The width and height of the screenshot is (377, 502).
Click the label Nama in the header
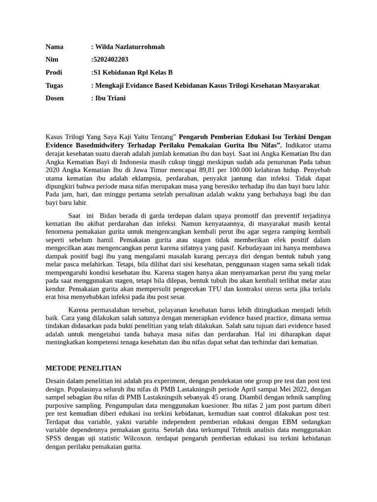tap(54, 47)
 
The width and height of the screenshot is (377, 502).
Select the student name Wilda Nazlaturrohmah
tap(129, 47)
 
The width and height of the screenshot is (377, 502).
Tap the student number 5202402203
tap(110, 60)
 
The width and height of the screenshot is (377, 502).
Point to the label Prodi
tap(54, 73)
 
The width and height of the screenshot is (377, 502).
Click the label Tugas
tap(54, 85)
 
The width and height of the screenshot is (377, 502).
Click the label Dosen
tap(55, 98)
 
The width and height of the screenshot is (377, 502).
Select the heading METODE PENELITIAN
tap(83, 368)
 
